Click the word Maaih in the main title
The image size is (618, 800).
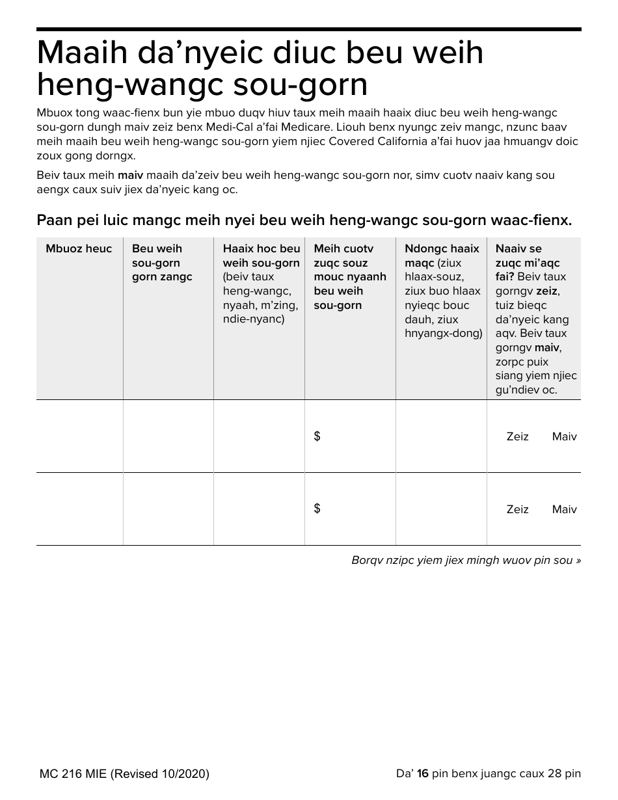[x=80, y=53]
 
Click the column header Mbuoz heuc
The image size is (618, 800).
[x=79, y=248]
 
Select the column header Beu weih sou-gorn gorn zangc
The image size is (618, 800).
[x=162, y=263]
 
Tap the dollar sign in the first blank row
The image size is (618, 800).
[x=317, y=436]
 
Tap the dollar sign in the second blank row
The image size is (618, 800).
[x=317, y=509]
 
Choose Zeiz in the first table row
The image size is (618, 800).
[x=517, y=437]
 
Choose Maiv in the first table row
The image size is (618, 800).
[x=564, y=437]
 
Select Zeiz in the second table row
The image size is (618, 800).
[x=517, y=510]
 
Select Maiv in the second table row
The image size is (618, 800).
[x=564, y=510]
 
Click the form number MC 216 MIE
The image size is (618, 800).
[x=74, y=774]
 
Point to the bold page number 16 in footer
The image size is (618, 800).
[x=423, y=773]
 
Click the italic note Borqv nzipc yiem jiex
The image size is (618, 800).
[x=466, y=560]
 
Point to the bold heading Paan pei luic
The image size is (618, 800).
[x=304, y=220]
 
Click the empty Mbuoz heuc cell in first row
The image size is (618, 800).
[x=79, y=436]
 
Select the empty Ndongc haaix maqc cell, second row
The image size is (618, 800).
[x=441, y=509]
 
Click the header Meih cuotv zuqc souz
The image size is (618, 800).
[x=350, y=277]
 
